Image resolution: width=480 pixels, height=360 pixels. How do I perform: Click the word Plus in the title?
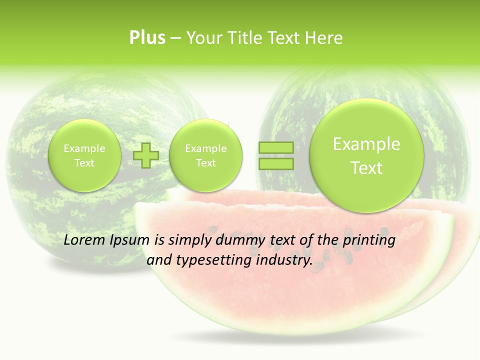pos(147,37)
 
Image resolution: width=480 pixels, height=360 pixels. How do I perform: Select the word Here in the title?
pos(324,37)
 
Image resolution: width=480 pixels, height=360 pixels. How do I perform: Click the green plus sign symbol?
pos(146,155)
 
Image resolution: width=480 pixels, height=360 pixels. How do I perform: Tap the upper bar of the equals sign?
pos(276,147)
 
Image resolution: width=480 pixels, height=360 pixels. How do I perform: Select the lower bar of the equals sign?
pos(276,163)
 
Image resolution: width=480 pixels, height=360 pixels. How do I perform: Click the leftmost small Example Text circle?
pos(84,155)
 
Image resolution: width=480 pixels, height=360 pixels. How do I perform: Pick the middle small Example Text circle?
pos(205,155)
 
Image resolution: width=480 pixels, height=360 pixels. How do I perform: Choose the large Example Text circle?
pos(366,155)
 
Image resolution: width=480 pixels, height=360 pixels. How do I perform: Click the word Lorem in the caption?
pos(84,240)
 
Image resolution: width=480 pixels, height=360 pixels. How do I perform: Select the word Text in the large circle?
pos(366,168)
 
